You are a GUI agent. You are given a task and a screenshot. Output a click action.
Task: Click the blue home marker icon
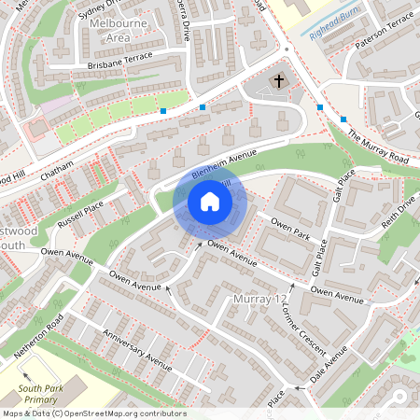[210, 202]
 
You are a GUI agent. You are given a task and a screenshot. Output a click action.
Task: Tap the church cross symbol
[277, 83]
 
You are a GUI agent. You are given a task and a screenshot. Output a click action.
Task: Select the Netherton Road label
[38, 337]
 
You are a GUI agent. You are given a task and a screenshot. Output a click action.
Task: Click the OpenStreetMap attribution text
[94, 413]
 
